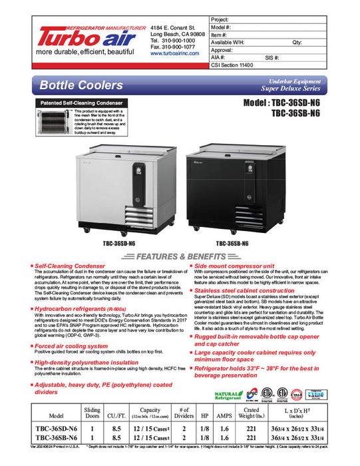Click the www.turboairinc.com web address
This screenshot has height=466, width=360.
tap(175, 53)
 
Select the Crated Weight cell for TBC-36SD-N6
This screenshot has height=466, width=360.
tap(252, 429)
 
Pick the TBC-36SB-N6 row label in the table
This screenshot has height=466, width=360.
tap(58, 439)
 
